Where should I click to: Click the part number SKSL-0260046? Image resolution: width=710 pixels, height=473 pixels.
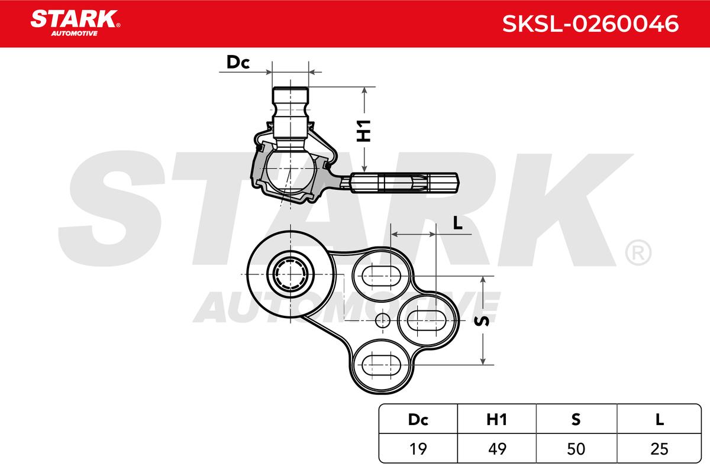tap(590, 24)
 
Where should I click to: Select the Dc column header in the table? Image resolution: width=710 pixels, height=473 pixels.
tap(418, 419)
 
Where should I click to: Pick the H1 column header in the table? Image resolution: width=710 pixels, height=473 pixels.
tap(497, 419)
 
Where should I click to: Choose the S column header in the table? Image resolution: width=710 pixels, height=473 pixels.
tap(576, 419)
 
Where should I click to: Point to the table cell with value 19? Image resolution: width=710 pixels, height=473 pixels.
tap(418, 449)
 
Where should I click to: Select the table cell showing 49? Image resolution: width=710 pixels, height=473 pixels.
tap(497, 449)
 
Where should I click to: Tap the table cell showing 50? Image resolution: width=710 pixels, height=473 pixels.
tap(576, 449)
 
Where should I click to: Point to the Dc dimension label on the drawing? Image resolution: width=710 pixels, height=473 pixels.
tap(238, 63)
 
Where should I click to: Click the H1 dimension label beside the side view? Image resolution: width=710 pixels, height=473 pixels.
tap(365, 130)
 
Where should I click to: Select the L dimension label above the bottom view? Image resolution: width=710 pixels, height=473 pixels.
tap(457, 223)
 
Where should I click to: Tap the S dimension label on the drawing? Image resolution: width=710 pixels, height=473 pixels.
tap(483, 320)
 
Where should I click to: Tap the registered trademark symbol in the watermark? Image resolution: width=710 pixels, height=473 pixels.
tap(638, 253)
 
